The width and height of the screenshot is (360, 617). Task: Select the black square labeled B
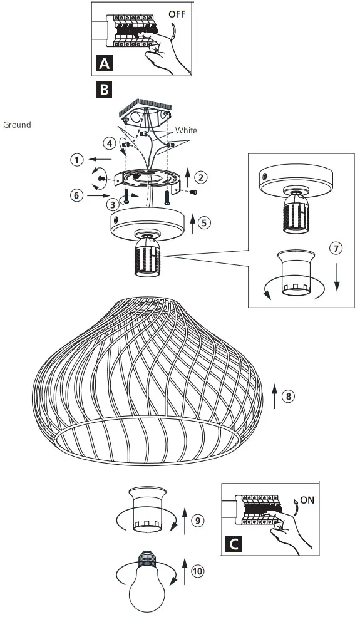pyautogui.click(x=103, y=90)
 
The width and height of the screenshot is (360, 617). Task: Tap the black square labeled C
pyautogui.click(x=233, y=544)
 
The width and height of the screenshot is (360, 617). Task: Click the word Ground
pyautogui.click(x=17, y=125)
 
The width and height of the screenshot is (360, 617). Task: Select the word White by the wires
pyautogui.click(x=186, y=130)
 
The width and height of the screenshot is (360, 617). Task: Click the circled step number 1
pyautogui.click(x=76, y=160)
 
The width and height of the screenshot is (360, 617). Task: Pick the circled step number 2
pyautogui.click(x=200, y=177)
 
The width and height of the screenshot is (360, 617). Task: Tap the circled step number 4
pyautogui.click(x=110, y=143)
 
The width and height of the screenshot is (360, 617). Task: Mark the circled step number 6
pyautogui.click(x=76, y=195)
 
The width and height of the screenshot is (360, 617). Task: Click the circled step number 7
pyautogui.click(x=336, y=248)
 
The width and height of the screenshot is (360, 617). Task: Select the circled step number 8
pyautogui.click(x=287, y=396)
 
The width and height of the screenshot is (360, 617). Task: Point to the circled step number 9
pyautogui.click(x=197, y=519)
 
